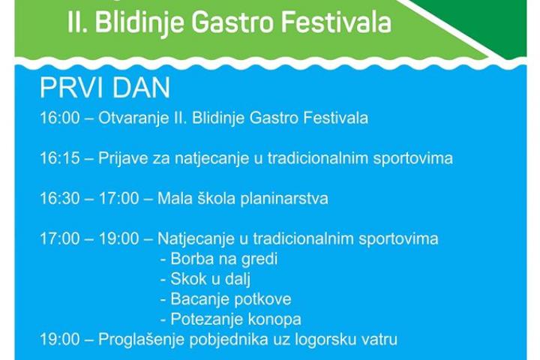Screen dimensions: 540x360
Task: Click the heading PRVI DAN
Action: click(105, 88)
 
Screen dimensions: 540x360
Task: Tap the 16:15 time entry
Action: click(60, 158)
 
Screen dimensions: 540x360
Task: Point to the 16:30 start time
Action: click(60, 199)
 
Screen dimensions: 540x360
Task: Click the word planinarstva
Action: click(284, 199)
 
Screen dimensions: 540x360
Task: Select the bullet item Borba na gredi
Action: click(219, 259)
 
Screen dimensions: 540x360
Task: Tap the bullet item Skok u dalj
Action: click(205, 280)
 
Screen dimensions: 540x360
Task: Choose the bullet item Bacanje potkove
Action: click(226, 299)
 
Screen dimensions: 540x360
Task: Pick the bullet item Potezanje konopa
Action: click(231, 319)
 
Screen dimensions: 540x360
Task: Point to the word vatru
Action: click(379, 340)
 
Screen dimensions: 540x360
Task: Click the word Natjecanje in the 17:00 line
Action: click(194, 239)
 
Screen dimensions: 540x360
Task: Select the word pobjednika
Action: click(229, 340)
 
